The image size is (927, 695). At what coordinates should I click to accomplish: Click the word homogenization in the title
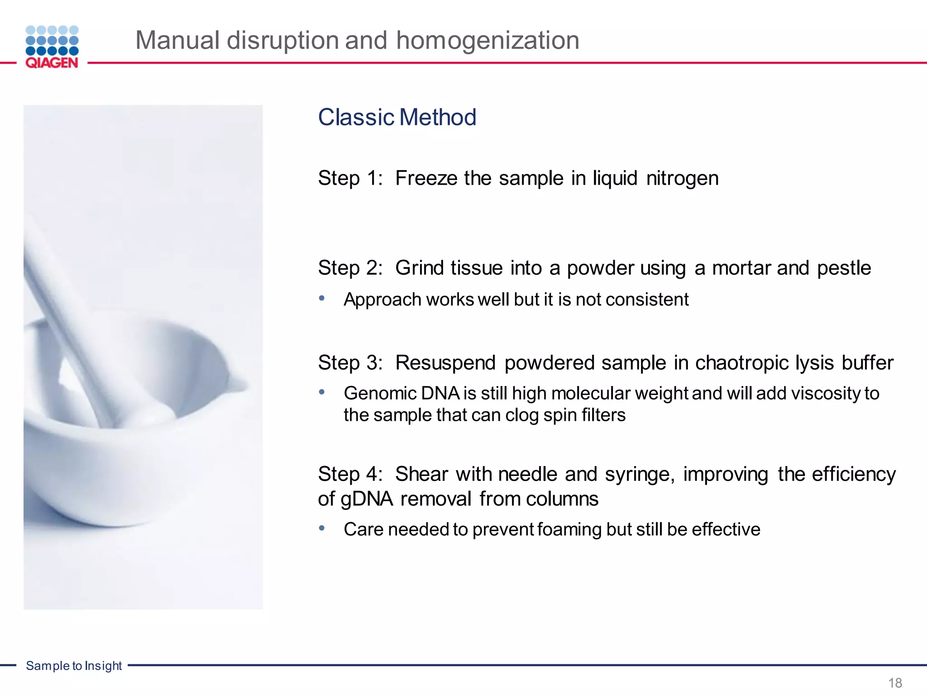click(487, 40)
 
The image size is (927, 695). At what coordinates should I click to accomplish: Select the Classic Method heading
click(397, 117)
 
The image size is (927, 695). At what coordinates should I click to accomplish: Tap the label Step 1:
click(350, 178)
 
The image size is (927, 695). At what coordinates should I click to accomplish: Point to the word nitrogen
click(682, 178)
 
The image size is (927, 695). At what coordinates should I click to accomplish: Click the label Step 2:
click(350, 268)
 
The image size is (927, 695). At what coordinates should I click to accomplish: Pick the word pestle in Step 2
click(844, 268)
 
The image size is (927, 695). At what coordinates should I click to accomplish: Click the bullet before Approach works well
click(322, 298)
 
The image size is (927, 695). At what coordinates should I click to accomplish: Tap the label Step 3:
click(350, 363)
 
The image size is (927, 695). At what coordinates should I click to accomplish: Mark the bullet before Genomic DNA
click(322, 392)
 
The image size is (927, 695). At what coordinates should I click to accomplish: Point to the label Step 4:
click(350, 474)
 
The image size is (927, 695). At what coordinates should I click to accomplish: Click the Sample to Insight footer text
click(74, 666)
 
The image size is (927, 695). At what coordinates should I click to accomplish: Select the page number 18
click(895, 682)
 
